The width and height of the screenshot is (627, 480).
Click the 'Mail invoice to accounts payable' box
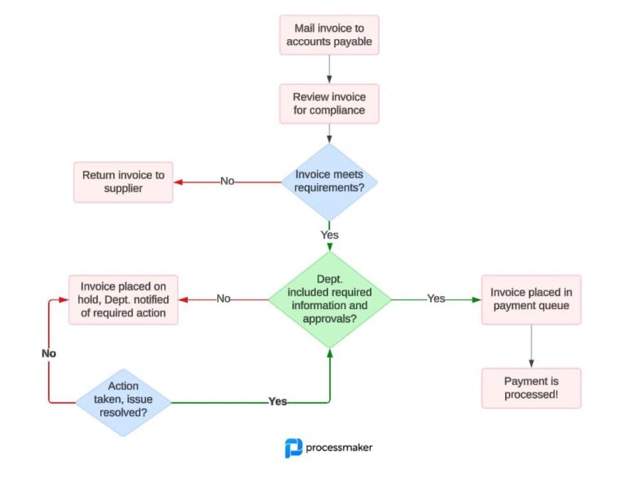click(x=329, y=34)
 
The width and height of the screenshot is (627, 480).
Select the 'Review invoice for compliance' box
click(x=329, y=103)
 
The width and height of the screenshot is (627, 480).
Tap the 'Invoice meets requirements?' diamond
click(x=329, y=181)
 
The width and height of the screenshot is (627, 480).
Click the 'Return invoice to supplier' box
click(x=122, y=182)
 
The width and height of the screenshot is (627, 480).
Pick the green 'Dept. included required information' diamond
click(x=329, y=298)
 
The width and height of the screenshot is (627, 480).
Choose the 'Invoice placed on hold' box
click(x=122, y=299)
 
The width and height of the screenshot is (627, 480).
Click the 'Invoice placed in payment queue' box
click(x=531, y=299)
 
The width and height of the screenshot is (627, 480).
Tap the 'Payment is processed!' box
click(x=531, y=388)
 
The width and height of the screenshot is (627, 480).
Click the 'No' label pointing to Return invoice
click(x=227, y=181)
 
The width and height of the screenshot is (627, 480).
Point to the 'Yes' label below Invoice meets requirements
click(x=329, y=235)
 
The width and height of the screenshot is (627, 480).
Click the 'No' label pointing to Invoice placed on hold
click(x=224, y=298)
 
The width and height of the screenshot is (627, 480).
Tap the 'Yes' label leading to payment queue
click(x=436, y=298)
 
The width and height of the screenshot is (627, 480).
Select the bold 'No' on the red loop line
click(x=49, y=353)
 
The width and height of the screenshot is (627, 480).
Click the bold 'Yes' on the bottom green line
click(x=278, y=401)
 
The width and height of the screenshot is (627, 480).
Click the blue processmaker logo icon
click(x=293, y=447)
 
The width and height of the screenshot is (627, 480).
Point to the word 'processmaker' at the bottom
click(x=339, y=447)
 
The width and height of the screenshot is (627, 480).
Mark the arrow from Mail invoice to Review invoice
click(x=329, y=69)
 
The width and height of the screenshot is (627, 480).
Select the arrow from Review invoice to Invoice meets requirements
click(x=329, y=133)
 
